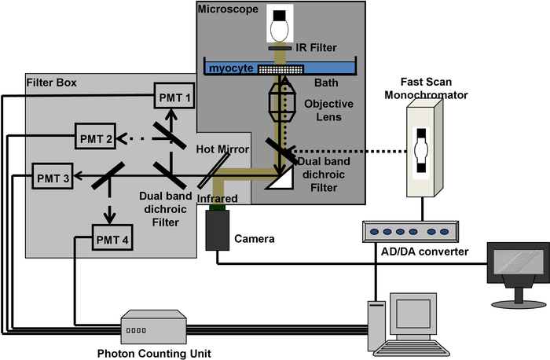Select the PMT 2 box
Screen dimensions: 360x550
click(x=96, y=138)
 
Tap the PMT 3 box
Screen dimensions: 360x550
click(x=53, y=178)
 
